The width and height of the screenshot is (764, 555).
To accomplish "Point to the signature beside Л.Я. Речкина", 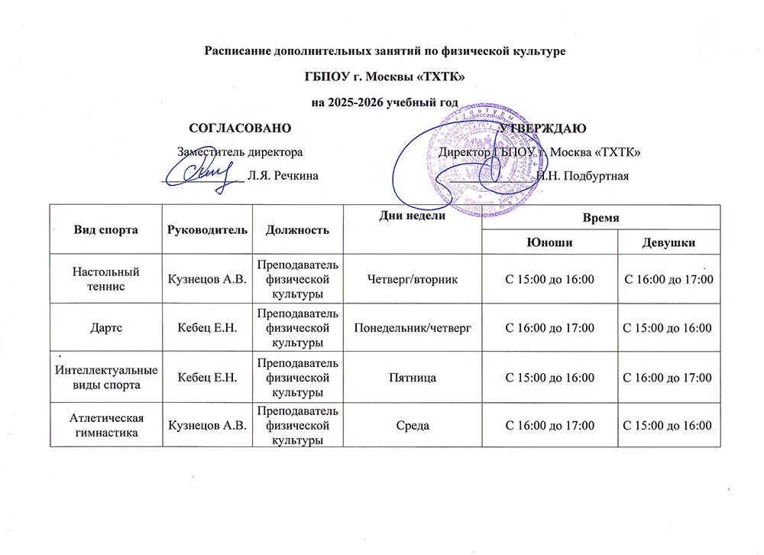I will click(199, 173).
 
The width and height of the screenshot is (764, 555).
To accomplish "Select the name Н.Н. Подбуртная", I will click(582, 177).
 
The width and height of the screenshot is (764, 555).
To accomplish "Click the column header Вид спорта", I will click(106, 229).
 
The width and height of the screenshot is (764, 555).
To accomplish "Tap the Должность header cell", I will click(298, 229).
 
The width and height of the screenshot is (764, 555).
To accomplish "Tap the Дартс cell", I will click(106, 327).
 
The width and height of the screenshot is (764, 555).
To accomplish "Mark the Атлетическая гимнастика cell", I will click(106, 425).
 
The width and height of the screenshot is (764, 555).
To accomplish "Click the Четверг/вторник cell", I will click(413, 279).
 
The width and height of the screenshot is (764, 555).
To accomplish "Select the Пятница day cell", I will click(413, 377).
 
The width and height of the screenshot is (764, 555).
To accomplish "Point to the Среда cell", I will click(413, 425).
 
